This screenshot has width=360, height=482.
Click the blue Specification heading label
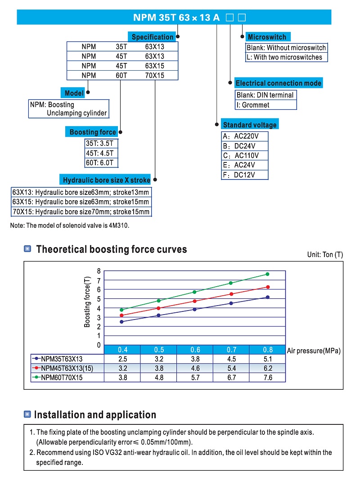coord(152,37)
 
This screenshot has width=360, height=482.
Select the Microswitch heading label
coord(267,37)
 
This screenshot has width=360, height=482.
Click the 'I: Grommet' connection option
coord(253,105)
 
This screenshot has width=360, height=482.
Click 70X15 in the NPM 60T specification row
coord(154,76)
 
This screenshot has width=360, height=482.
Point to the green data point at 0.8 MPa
coord(268,274)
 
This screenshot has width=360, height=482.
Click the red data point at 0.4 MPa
coord(121,315)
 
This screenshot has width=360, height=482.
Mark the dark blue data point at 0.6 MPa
coord(194,309)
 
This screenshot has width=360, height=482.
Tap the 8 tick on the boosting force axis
coord(99,271)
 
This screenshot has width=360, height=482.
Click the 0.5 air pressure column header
coord(158,350)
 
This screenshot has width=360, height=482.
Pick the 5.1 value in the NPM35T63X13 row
coord(267,359)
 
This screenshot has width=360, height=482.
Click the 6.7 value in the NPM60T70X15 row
coord(231,378)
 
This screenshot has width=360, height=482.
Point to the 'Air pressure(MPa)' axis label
coord(314,351)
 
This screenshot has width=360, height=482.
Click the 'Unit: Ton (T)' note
coord(325,255)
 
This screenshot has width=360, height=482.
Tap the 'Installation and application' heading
coord(95,414)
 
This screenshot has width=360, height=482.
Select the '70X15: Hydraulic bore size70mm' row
coord(81,212)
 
